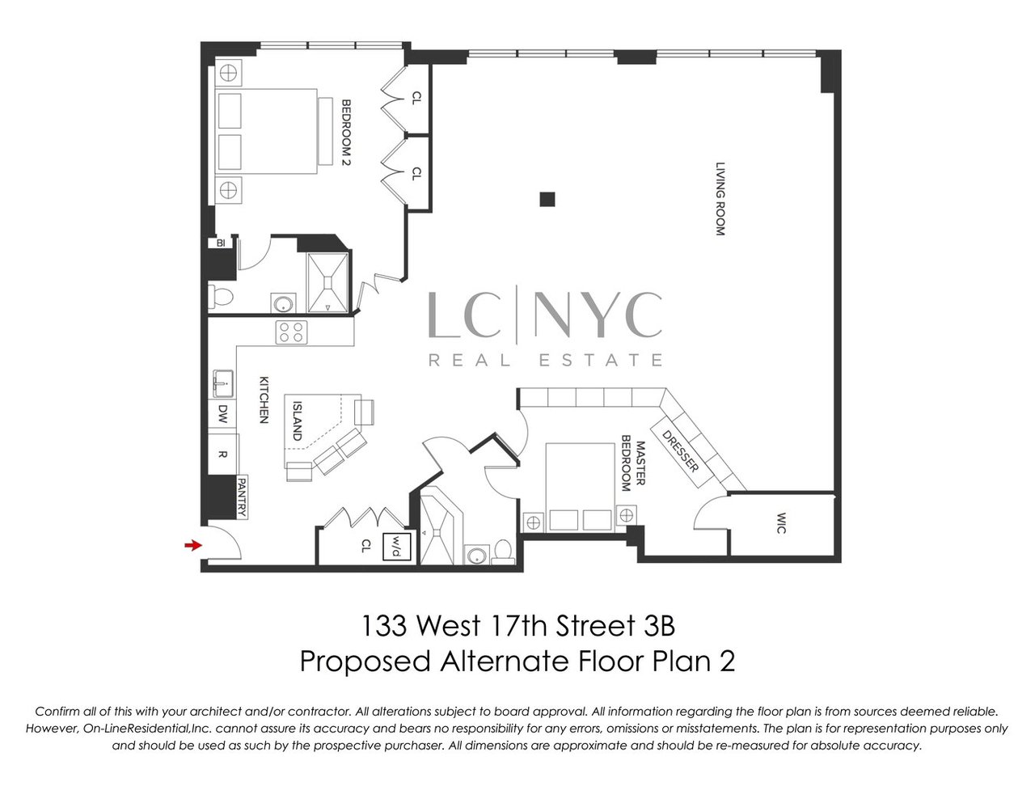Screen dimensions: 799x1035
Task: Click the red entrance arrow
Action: pyautogui.click(x=192, y=546)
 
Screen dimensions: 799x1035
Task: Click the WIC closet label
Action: pyautogui.click(x=781, y=518)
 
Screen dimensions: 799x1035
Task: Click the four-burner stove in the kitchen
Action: pyautogui.click(x=292, y=331)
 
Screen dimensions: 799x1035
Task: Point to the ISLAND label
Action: pyautogui.click(x=297, y=421)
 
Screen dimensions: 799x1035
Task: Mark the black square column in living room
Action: pyautogui.click(x=549, y=198)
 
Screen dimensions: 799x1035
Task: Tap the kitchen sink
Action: pyautogui.click(x=222, y=381)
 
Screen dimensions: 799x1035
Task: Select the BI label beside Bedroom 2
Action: pyautogui.click(x=219, y=243)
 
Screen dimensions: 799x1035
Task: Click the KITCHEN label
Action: pyautogui.click(x=263, y=399)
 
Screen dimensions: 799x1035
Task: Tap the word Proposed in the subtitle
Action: pyautogui.click(x=365, y=661)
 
